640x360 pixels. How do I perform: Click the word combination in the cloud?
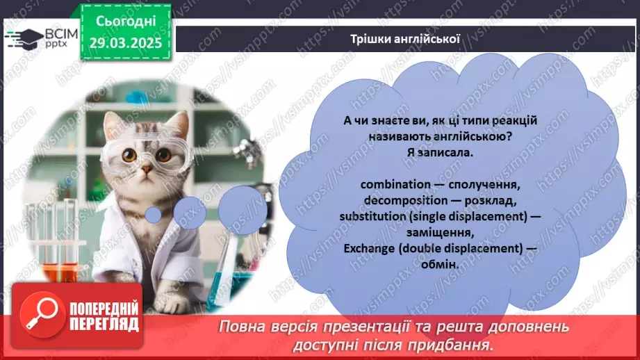[x=395, y=184]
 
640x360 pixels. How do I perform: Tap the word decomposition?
[x=400, y=200]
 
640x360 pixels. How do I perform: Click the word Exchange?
[x=369, y=249]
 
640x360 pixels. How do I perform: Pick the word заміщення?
[x=440, y=233]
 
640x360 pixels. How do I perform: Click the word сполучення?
[x=484, y=184]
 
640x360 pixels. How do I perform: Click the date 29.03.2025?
[x=126, y=43]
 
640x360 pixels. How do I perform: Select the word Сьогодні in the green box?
[x=126, y=21]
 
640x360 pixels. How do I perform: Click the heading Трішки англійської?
[x=405, y=39]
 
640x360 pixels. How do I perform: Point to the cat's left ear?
[x=114, y=124]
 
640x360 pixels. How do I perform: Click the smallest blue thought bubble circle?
[x=154, y=215]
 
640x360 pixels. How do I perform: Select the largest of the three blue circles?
[x=243, y=210]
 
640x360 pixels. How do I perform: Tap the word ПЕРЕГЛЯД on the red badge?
[x=104, y=325]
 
